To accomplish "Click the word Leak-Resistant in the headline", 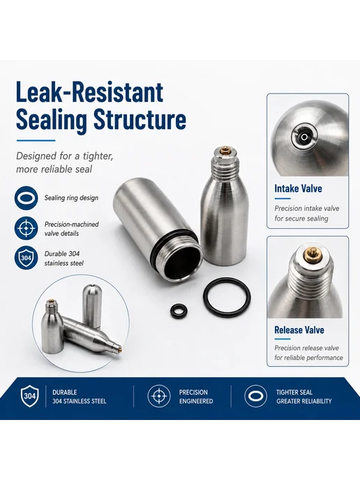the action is [x=89, y=92].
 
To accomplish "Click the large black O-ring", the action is [x=227, y=297].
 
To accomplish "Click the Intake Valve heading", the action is [x=298, y=188].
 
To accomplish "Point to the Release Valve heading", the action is [x=299, y=330].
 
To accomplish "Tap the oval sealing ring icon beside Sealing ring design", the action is [x=27, y=197].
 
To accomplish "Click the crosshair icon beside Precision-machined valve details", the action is [x=27, y=229].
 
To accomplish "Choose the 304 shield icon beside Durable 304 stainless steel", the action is [x=27, y=257].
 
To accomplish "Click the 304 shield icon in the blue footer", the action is [x=30, y=396].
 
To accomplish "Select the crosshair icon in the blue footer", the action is [x=159, y=396].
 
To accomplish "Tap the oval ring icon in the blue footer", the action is [x=255, y=396].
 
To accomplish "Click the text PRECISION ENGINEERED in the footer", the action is [x=196, y=396].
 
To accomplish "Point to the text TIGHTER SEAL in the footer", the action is [x=294, y=392].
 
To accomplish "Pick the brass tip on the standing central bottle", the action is [x=225, y=149].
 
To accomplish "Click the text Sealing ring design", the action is [x=71, y=197].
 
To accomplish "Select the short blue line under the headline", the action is [x=36, y=140].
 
